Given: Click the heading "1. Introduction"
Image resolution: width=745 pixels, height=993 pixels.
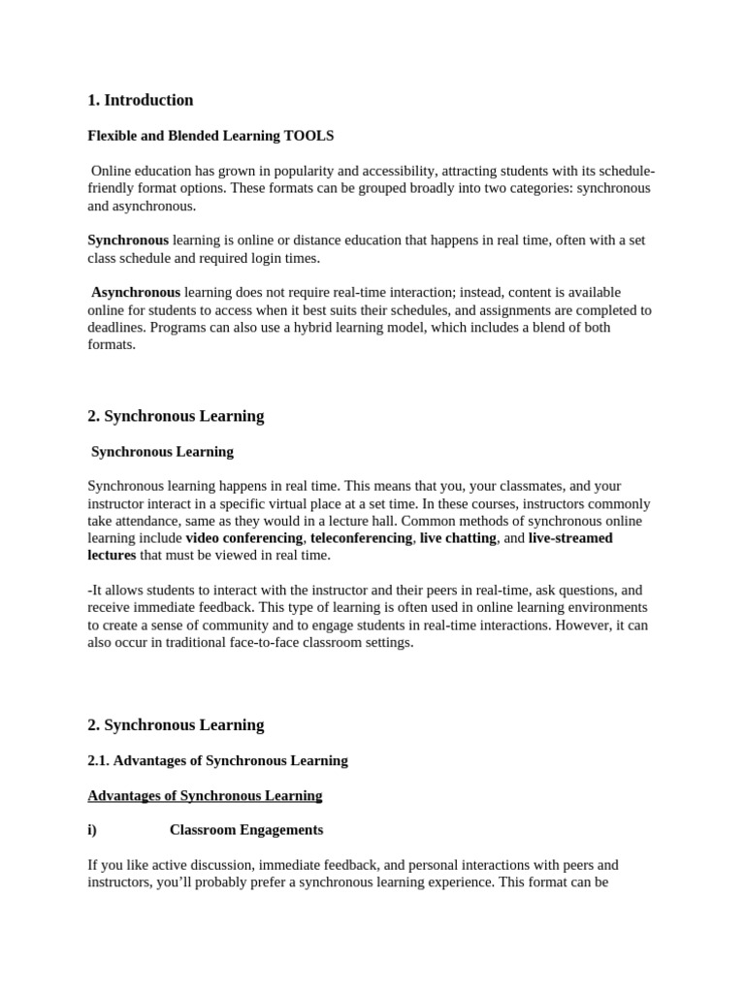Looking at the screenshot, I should coord(141,100).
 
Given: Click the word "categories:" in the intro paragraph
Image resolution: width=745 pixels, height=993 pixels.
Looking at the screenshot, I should coord(534,188).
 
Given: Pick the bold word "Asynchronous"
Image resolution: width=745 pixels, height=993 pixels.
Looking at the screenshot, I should coord(136,292).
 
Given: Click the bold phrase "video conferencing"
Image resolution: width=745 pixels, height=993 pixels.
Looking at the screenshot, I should coord(244,537).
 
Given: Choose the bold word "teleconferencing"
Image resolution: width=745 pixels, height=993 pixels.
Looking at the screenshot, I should coord(361,537).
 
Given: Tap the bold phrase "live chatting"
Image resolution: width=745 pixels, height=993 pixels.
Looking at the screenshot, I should coord(458,537).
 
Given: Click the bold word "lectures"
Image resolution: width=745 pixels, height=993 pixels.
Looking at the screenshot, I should coord(112,555).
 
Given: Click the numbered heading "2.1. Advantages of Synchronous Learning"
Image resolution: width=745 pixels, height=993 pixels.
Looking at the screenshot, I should coord(217,760).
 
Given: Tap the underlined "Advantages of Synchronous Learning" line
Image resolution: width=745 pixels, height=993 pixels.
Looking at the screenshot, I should coord(205,795).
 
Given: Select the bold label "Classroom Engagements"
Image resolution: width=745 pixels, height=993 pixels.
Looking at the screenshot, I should coord(246,830).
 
